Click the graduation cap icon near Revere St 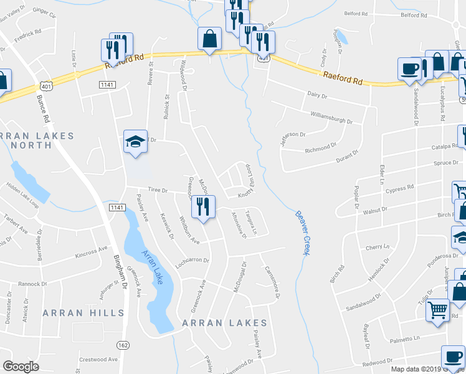coord(135,142)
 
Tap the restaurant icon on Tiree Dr coord(203,207)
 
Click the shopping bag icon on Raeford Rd coord(210,38)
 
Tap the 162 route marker coord(123,345)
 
